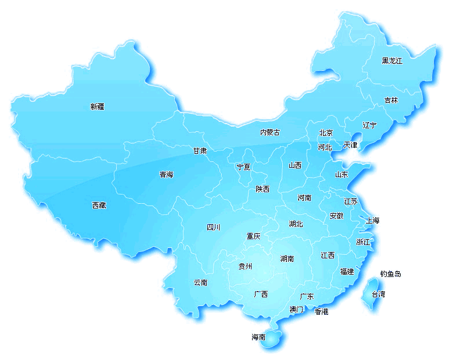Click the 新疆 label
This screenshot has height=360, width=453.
[98, 106]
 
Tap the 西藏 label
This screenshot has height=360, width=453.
[99, 205]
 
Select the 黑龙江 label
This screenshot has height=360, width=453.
[392, 60]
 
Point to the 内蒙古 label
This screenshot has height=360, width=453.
[269, 132]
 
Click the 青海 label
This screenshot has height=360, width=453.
[166, 174]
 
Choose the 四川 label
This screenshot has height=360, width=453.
[214, 227]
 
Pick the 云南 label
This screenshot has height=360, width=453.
[200, 283]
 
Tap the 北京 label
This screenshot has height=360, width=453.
[326, 132]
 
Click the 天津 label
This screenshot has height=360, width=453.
[351, 145]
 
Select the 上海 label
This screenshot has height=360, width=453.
[372, 220]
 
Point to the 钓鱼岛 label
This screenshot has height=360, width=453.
[391, 274]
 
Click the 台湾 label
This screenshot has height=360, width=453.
[378, 294]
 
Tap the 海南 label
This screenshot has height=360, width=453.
[258, 337]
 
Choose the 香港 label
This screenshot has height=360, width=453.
[321, 312]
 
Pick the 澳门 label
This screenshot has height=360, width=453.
[296, 309]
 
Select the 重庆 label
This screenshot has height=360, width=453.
[253, 236]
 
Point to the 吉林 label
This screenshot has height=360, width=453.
[391, 100]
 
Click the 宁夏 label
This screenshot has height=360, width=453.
[243, 167]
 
